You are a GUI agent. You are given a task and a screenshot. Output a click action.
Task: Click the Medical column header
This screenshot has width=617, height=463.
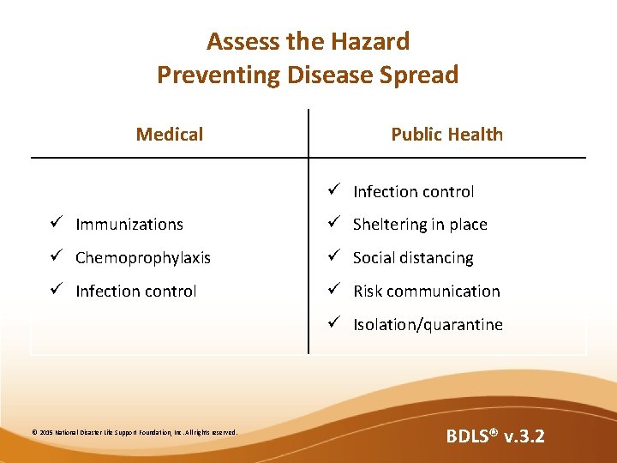click(x=170, y=134)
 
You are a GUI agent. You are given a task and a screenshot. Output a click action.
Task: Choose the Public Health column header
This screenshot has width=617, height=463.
click(x=446, y=134)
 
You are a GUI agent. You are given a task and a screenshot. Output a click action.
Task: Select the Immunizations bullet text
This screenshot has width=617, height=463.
click(x=129, y=225)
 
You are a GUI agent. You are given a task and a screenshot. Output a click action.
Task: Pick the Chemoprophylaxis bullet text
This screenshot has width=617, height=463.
click(x=142, y=258)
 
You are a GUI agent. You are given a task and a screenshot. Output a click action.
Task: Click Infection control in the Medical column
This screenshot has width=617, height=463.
click(x=135, y=292)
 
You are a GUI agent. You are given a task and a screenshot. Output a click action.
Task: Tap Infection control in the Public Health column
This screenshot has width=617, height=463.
click(x=413, y=192)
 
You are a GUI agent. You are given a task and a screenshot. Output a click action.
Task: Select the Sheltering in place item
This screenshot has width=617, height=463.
click(x=420, y=225)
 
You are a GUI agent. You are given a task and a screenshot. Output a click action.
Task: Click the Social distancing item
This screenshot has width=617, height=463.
click(x=413, y=258)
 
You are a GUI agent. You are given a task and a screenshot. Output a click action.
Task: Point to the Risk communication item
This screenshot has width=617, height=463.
click(x=426, y=292)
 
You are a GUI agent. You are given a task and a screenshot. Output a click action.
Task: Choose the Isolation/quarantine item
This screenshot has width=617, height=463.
click(x=428, y=325)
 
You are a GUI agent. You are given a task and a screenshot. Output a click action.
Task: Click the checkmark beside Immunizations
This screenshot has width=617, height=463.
click(x=55, y=224)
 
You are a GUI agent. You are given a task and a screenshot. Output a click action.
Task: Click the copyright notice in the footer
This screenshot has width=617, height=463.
click(x=135, y=432)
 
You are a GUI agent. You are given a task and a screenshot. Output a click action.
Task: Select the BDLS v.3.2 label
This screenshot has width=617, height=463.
click(x=494, y=436)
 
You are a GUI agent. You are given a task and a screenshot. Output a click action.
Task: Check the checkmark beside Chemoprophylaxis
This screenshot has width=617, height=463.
click(x=55, y=257)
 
